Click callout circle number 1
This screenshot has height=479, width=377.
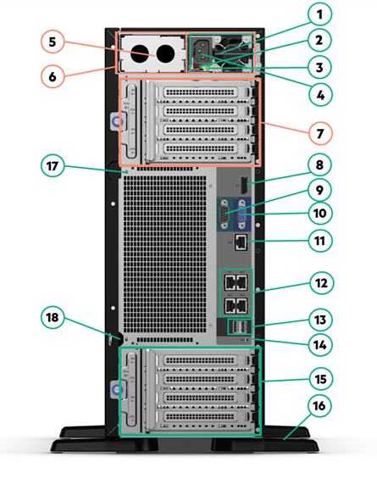point(319,14)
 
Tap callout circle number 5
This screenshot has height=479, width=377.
point(53,42)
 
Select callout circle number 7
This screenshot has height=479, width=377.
point(320,133)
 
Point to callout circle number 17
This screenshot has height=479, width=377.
point(53,166)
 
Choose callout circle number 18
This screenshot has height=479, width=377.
point(53,317)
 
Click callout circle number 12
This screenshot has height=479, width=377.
point(321,283)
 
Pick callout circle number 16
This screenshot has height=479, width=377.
point(319,406)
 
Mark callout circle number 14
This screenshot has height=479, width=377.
point(320,345)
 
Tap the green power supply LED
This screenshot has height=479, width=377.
point(208,68)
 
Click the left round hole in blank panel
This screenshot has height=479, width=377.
point(140,53)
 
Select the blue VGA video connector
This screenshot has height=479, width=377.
point(242,214)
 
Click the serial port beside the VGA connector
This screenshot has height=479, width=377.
point(225,214)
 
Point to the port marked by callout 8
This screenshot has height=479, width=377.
point(244,185)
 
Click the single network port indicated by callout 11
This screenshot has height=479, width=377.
point(241,242)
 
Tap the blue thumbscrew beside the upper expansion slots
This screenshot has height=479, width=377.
point(117,122)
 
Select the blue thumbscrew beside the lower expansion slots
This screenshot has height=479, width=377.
point(117,389)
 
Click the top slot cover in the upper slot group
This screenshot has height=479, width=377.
point(201,92)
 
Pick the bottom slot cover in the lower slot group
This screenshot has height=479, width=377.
point(201,416)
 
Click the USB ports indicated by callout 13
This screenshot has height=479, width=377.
point(241,327)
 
